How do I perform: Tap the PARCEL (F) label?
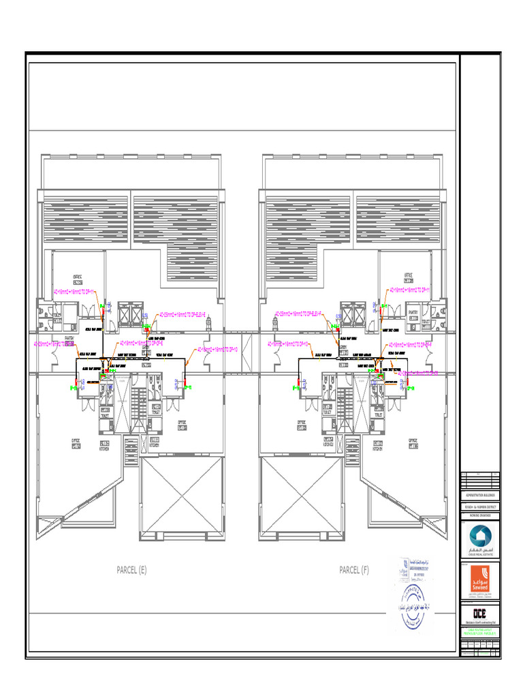coord(354,571)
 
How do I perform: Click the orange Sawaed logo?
coord(480,579)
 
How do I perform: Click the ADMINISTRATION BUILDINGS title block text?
coord(480,496)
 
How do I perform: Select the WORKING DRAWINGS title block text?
coord(480,517)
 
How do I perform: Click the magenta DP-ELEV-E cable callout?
coord(183,315)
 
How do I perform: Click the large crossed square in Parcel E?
coord(182,499)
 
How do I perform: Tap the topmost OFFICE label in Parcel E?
coord(78,278)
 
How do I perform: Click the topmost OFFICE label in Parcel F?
coord(409,277)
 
